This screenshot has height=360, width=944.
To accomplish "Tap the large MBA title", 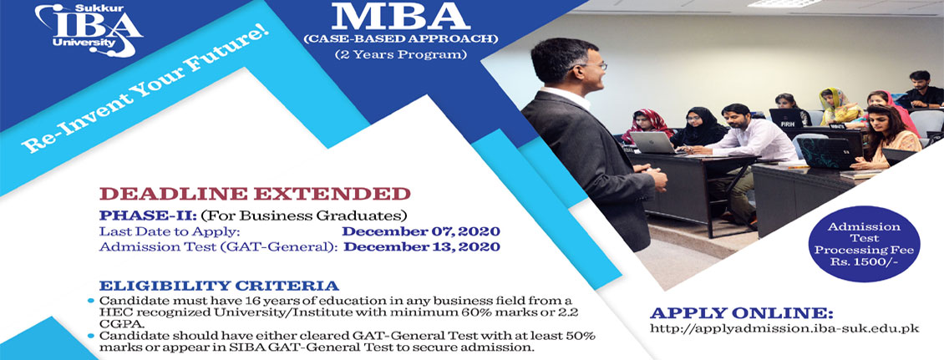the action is pos(400,18).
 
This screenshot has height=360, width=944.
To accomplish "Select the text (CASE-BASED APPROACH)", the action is pos(400,40).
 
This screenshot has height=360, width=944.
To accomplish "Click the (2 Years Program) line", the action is pos(400,56).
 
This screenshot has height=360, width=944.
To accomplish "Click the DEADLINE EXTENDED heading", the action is pos(256,194).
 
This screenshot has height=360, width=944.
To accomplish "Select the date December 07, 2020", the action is pos(421,231).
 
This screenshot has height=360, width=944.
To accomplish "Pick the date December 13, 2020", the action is pos(422,247).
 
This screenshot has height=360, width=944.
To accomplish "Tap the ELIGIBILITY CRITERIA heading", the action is pos(219,286).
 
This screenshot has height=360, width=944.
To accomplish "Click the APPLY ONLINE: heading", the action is pos(742,314).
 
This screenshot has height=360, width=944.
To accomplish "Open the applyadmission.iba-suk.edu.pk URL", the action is pos(785,329).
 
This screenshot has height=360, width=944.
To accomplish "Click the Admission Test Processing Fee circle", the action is pos(864,244).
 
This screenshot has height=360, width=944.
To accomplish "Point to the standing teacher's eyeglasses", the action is pos(592,67).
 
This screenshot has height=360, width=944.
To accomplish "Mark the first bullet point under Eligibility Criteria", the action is pos(91,300).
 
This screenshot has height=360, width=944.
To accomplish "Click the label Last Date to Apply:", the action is pos(170,231).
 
